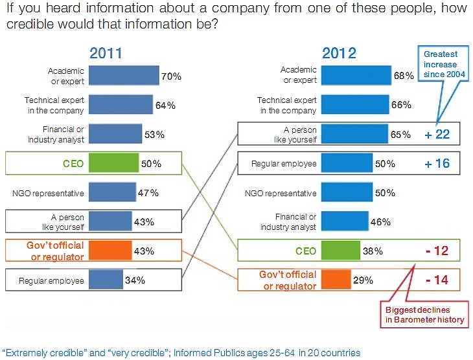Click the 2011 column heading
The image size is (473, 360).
click(x=105, y=53)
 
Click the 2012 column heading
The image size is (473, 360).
click(x=338, y=53)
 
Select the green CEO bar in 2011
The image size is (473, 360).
click(x=113, y=164)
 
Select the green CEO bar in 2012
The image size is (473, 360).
click(x=340, y=251)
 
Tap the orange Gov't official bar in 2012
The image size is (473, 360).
click(x=336, y=280)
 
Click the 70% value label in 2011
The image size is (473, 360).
click(x=171, y=76)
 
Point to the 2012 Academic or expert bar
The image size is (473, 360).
click(x=356, y=76)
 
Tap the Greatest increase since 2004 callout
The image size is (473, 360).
click(x=441, y=65)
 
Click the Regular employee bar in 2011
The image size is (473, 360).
click(x=106, y=280)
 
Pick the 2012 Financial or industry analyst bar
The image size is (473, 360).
click(x=345, y=221)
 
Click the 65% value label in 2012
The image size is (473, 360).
click(x=401, y=135)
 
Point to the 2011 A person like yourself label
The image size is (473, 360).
click(x=67, y=221)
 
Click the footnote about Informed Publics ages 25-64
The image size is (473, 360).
click(x=181, y=353)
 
